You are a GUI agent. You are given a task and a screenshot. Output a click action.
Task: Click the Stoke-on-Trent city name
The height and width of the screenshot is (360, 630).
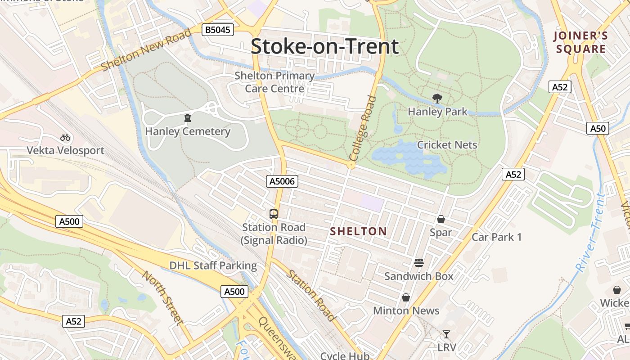click(324, 46)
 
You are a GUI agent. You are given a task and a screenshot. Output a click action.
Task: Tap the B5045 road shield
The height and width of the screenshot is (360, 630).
click(218, 30)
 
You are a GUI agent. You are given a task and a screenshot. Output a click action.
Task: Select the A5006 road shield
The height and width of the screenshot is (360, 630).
click(282, 181)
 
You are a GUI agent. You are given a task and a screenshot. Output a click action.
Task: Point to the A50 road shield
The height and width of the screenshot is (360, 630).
click(598, 129)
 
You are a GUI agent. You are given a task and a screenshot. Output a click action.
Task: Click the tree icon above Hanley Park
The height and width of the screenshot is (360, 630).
click(436, 99)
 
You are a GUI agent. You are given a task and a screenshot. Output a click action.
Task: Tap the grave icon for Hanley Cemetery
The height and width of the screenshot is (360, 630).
click(187, 118)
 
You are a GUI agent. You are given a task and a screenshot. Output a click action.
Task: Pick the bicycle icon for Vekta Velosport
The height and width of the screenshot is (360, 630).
click(65, 137)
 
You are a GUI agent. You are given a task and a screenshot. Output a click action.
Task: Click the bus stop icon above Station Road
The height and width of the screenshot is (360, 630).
click(274, 214)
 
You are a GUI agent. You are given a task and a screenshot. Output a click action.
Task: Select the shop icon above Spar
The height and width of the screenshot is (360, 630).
click(441, 219)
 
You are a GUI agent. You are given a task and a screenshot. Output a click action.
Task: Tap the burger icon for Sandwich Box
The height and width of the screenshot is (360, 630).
click(419, 262)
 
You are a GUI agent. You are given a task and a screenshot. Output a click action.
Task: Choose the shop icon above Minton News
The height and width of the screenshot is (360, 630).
click(406, 297)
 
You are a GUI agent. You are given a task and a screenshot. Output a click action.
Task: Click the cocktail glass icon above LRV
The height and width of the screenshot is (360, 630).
click(446, 334)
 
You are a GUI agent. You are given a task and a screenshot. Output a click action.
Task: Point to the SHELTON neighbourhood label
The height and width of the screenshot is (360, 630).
click(358, 231)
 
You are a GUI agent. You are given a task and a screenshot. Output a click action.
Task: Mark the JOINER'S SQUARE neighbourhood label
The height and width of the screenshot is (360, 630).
click(580, 42)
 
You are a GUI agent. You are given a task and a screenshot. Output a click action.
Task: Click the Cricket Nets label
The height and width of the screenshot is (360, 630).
click(447, 145)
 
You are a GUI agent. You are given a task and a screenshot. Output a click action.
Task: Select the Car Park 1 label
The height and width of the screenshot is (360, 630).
click(496, 237)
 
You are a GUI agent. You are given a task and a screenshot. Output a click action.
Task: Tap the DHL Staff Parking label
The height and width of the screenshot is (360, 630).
click(213, 265)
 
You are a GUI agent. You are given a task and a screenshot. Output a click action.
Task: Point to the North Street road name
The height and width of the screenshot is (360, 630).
click(163, 297)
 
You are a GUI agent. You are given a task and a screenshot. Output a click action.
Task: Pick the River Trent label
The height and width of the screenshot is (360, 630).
click(589, 233)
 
